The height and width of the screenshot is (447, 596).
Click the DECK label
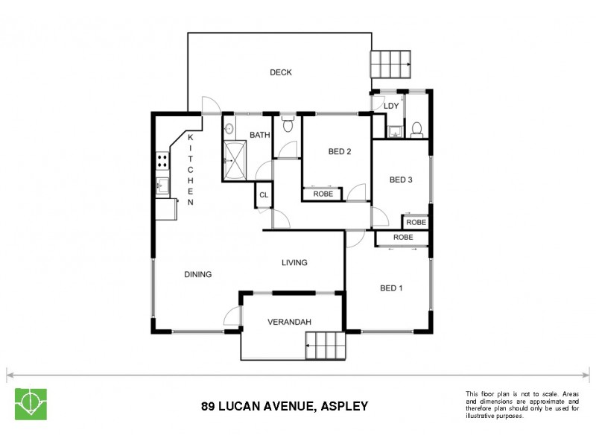(280, 72)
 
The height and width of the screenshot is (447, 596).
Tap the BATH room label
(259, 135)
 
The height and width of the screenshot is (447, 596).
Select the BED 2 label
(339, 152)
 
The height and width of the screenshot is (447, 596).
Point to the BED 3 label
(401, 180)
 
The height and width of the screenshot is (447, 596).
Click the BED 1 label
(391, 288)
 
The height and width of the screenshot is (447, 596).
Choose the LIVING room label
(294, 262)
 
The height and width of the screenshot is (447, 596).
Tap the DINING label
(197, 274)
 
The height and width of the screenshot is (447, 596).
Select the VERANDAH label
(289, 322)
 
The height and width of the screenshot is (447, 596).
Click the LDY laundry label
(391, 106)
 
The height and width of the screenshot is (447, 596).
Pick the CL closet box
(263, 195)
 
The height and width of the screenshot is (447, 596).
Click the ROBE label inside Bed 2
(323, 194)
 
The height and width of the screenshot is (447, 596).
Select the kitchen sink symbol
(162, 186)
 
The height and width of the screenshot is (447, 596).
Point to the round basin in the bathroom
(229, 127)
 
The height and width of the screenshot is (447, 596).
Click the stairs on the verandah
(326, 346)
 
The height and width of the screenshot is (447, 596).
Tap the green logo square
(31, 404)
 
